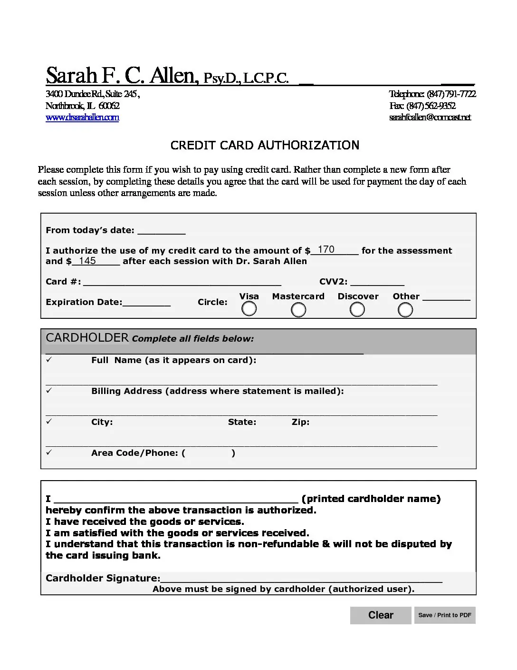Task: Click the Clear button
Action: pyautogui.click(x=381, y=615)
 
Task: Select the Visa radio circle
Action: pyautogui.click(x=249, y=309)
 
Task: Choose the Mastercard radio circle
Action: pyautogui.click(x=298, y=310)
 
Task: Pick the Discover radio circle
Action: pyautogui.click(x=357, y=310)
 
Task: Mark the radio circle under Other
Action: pyautogui.click(x=405, y=310)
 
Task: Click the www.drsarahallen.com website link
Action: pyautogui.click(x=82, y=118)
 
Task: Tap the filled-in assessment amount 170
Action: pyautogui.click(x=326, y=250)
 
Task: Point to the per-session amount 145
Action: pyautogui.click(x=87, y=261)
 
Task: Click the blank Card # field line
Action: pyautogui.click(x=182, y=282)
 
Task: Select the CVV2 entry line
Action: pyautogui.click(x=377, y=282)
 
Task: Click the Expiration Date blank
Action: pyautogui.click(x=146, y=302)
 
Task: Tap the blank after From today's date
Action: pyautogui.click(x=161, y=230)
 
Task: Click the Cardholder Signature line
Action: pyautogui.click(x=301, y=578)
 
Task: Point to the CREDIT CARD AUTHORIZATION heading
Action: pyautogui.click(x=265, y=145)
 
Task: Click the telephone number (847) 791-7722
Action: pyautogui.click(x=451, y=94)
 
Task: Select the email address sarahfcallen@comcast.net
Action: pyautogui.click(x=430, y=118)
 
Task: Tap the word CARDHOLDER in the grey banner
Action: pyautogui.click(x=87, y=338)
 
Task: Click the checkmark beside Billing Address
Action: pyautogui.click(x=49, y=391)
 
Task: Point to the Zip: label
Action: pyautogui.click(x=300, y=422)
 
